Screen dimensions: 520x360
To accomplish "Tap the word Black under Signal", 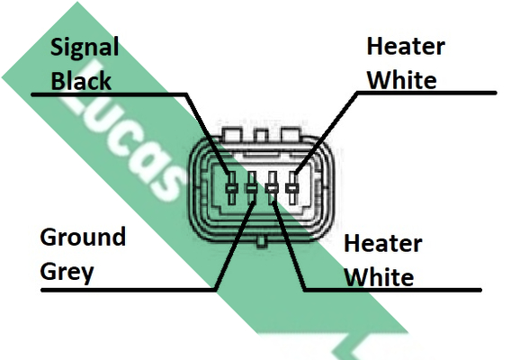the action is [x=81, y=81].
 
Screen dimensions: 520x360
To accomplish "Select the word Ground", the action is [x=83, y=237].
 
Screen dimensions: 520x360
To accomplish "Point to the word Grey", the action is [x=67, y=273].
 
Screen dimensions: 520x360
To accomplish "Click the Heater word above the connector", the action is [x=406, y=46].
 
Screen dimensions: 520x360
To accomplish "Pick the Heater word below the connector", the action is [x=383, y=244].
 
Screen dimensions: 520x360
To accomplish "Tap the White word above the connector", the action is [x=402, y=80].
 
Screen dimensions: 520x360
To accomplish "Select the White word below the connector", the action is [x=379, y=277].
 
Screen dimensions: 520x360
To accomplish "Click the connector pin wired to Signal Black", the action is [x=231, y=188].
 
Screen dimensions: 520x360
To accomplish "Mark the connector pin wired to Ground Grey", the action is [x=251, y=188].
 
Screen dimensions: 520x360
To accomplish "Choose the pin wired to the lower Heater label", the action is [x=272, y=188].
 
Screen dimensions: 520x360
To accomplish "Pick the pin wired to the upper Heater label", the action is [x=292, y=188].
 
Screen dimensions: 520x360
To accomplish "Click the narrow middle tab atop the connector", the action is [x=261, y=136].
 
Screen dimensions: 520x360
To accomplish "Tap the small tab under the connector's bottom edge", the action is [x=261, y=242].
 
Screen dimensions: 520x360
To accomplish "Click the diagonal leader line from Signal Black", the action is [x=207, y=134].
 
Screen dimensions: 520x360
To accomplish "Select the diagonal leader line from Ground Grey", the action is [x=235, y=246].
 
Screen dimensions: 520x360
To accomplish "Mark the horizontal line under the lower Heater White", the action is [x=392, y=291].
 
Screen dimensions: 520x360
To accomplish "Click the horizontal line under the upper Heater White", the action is [x=426, y=93].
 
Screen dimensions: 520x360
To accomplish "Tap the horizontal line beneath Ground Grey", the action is [x=129, y=291].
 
